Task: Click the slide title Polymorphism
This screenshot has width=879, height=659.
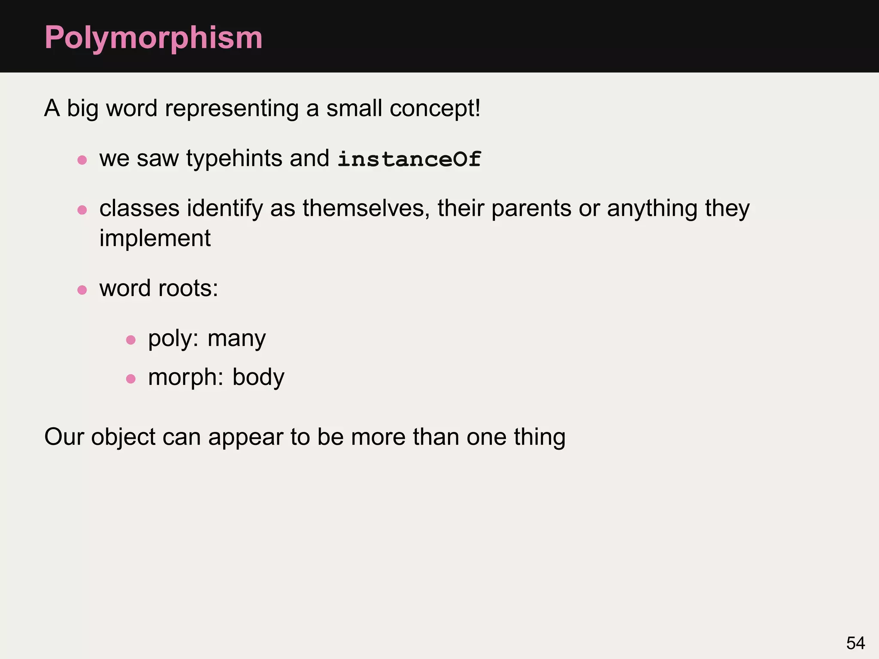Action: (x=153, y=38)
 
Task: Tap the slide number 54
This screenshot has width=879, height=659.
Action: (x=855, y=643)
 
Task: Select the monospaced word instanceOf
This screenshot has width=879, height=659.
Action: (x=409, y=159)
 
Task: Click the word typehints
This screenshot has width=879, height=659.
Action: (x=234, y=158)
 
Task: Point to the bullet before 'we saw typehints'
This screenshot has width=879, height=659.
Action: (x=82, y=160)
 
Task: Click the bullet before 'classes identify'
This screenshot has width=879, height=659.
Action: (x=82, y=210)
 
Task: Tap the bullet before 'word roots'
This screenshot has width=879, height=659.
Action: (x=82, y=290)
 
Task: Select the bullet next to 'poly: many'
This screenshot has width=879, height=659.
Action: (x=131, y=340)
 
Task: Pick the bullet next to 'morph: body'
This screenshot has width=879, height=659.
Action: (x=131, y=379)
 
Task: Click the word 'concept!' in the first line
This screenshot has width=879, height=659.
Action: (x=435, y=108)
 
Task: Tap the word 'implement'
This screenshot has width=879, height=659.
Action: (x=155, y=239)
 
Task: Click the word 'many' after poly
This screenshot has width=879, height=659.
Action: (x=236, y=339)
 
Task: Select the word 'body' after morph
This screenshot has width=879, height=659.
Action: (x=258, y=378)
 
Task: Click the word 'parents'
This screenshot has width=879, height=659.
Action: (x=531, y=209)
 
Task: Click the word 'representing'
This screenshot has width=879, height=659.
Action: (x=232, y=108)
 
